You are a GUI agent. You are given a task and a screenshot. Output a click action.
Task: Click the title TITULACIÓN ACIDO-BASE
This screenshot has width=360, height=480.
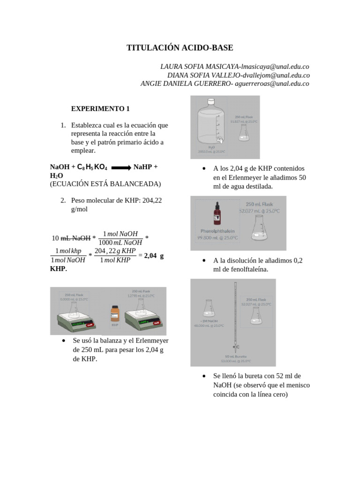tap(180, 48)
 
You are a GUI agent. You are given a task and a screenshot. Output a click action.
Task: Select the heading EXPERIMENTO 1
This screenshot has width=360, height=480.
tap(100, 109)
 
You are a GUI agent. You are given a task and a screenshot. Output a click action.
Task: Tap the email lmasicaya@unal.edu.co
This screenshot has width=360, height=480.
tap(275, 67)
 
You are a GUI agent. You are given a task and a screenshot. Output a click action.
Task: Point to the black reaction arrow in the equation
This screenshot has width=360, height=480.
tap(120, 167)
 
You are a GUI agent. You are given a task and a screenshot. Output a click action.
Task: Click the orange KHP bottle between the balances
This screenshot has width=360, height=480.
tap(115, 314)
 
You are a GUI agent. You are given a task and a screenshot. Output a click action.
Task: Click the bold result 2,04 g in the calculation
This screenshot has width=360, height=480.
tap(154, 256)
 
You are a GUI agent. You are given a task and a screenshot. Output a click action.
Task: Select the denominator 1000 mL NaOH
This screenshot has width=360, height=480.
tap(120, 242)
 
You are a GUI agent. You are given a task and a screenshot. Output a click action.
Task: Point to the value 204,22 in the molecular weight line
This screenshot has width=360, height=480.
tap(149, 200)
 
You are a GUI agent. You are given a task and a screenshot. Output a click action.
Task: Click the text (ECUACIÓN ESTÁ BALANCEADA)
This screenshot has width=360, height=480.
tap(105, 184)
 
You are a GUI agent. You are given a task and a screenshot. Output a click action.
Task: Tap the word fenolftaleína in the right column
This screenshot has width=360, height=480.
tap(248, 269)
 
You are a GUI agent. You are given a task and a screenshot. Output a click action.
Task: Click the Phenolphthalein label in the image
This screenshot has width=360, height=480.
tap(217, 231)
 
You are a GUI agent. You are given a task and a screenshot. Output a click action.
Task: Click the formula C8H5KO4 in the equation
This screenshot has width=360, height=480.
tap(92, 167)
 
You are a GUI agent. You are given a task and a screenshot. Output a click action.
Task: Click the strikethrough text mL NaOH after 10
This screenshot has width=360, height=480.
tap(76, 238)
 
